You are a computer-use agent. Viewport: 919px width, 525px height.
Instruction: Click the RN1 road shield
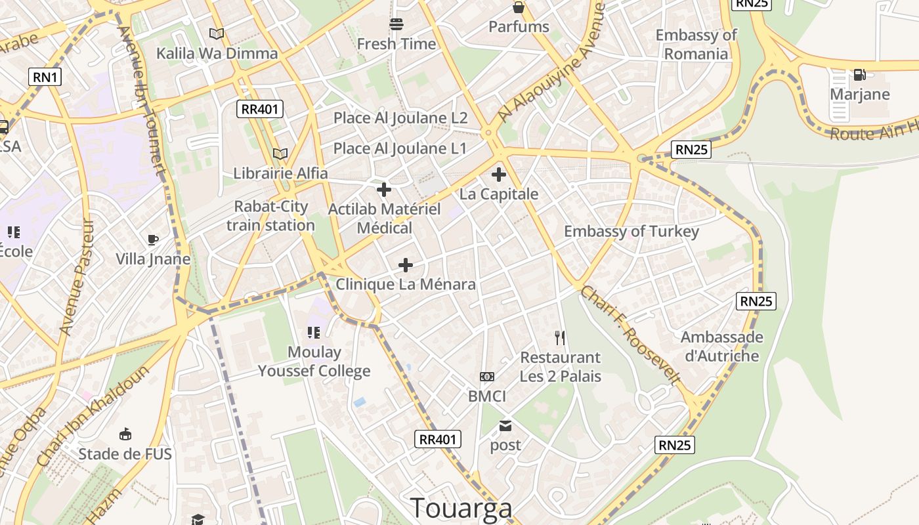click(x=45, y=77)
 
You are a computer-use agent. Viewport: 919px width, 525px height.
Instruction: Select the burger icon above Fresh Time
click(x=396, y=25)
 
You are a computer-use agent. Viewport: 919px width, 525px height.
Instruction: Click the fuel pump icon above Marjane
click(x=859, y=75)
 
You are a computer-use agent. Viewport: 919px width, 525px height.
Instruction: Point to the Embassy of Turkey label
click(x=631, y=231)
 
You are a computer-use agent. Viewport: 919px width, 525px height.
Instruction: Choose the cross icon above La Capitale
click(x=499, y=175)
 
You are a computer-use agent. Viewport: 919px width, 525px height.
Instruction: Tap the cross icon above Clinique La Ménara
click(x=406, y=265)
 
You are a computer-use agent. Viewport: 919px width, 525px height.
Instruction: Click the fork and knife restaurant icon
click(x=560, y=338)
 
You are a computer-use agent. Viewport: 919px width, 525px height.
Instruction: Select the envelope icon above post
click(x=505, y=426)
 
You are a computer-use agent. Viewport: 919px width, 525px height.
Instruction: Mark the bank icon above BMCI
click(x=487, y=377)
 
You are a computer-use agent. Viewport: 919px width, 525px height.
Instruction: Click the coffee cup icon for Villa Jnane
click(x=153, y=240)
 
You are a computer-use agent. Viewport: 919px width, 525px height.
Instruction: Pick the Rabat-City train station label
click(x=270, y=216)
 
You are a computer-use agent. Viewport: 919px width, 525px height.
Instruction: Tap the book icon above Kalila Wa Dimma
click(x=216, y=33)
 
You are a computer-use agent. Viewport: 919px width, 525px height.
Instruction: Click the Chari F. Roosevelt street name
click(x=630, y=335)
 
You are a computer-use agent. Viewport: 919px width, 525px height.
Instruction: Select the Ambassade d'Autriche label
click(x=721, y=346)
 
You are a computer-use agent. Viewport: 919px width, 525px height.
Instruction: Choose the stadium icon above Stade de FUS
click(x=125, y=434)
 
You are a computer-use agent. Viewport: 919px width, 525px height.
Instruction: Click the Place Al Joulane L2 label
click(x=400, y=118)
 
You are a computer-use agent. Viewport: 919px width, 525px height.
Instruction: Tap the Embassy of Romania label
click(x=696, y=45)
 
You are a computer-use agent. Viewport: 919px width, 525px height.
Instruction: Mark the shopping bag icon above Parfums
click(x=519, y=7)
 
